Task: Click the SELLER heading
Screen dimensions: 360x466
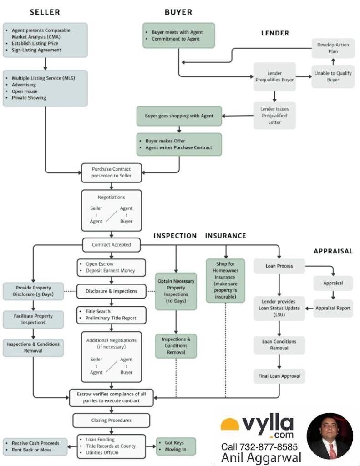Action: tap(45, 12)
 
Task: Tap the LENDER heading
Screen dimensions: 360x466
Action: tap(275, 33)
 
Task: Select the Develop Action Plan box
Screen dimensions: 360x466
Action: tap(333, 48)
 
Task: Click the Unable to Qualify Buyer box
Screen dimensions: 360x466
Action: tap(333, 76)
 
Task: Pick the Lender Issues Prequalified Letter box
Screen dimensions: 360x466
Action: tap(274, 116)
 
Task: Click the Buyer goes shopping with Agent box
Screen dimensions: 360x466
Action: tap(179, 116)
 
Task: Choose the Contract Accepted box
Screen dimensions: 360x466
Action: tap(111, 244)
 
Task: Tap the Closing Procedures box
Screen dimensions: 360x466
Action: tap(111, 420)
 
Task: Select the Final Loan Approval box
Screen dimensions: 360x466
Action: tap(279, 376)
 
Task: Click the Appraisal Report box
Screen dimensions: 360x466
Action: tap(333, 308)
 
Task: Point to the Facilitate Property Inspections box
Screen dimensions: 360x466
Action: tap(33, 319)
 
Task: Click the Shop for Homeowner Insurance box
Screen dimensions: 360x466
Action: tap(225, 280)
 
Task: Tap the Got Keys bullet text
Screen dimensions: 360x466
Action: tap(174, 443)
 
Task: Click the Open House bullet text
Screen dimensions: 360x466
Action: tap(25, 91)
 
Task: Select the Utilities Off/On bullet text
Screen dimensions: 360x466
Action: tap(102, 453)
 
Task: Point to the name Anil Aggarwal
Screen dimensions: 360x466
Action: tap(261, 458)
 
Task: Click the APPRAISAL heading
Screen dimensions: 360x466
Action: tap(333, 251)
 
